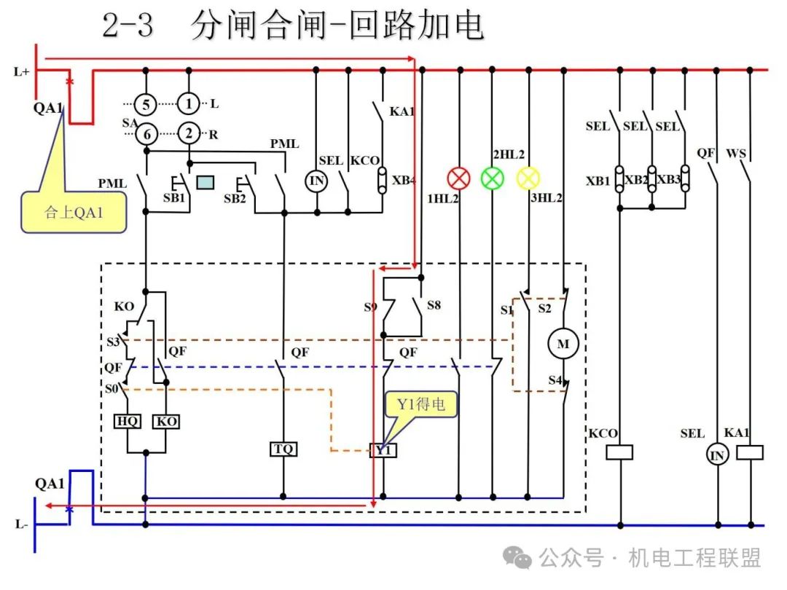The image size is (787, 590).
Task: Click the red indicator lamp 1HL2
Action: point(458,178)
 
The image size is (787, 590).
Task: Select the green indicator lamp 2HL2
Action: point(493,178)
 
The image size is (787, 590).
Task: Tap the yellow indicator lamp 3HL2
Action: point(528,178)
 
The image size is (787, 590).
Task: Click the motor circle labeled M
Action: point(563,344)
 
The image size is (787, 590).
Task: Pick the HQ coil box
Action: point(128,422)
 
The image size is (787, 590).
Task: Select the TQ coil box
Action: point(283,449)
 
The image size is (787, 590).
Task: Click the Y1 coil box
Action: point(383,450)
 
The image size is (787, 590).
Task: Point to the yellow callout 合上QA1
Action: point(74,212)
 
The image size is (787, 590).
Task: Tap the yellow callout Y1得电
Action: point(420,404)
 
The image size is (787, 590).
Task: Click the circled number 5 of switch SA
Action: point(146,104)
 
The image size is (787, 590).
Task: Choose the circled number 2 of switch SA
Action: point(189,133)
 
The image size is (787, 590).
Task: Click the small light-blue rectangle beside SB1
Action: point(205,182)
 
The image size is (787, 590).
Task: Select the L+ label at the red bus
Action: point(22,71)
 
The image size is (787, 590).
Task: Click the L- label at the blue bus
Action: point(22,524)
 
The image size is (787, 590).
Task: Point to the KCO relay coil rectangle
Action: point(619,452)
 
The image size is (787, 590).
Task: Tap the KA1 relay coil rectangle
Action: point(750,452)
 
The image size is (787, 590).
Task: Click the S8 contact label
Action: point(434,304)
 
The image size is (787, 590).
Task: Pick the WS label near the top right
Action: point(736,154)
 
